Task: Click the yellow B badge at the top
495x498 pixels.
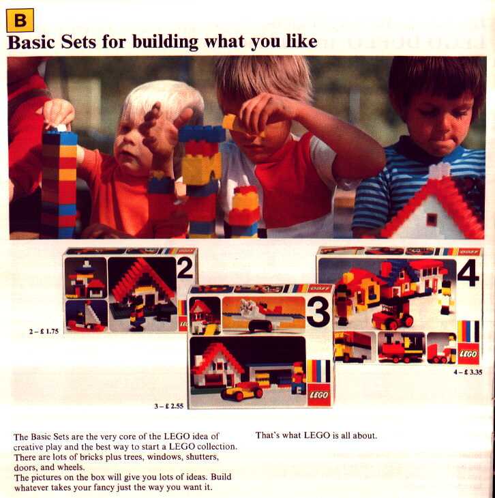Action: click(20, 20)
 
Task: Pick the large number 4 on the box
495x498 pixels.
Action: click(468, 273)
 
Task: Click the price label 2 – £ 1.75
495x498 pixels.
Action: click(44, 332)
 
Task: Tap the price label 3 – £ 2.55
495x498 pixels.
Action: click(169, 406)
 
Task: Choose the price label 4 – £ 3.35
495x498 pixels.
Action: click(468, 372)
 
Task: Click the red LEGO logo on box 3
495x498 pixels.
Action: click(319, 395)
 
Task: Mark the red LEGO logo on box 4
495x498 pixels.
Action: click(468, 353)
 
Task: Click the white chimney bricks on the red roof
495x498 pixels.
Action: click(440, 171)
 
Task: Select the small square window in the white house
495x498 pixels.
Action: click(432, 219)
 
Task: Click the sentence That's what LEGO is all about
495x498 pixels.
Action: click(316, 435)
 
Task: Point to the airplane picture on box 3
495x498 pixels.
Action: click(264, 314)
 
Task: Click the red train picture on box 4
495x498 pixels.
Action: click(402, 347)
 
